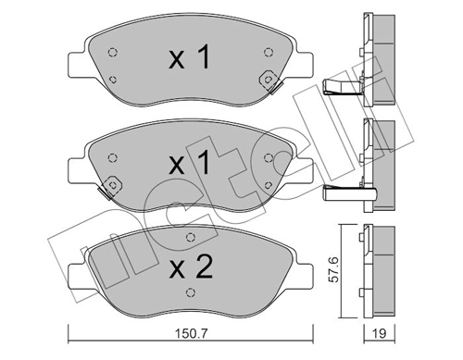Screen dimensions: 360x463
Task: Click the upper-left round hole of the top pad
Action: pos(112,52)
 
